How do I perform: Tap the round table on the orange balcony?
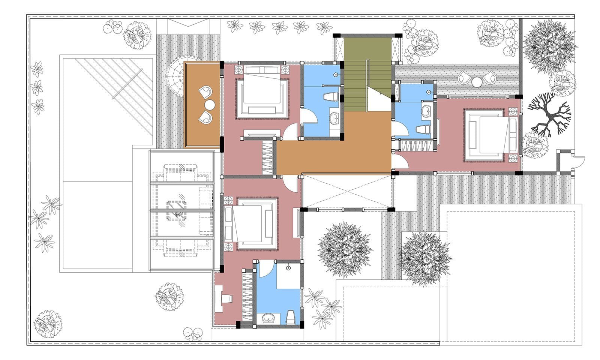pos(210,104)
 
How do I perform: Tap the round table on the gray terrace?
pos(477,81)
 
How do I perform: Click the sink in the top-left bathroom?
pos(334,119)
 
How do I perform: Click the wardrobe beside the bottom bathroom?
pos(248,296)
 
